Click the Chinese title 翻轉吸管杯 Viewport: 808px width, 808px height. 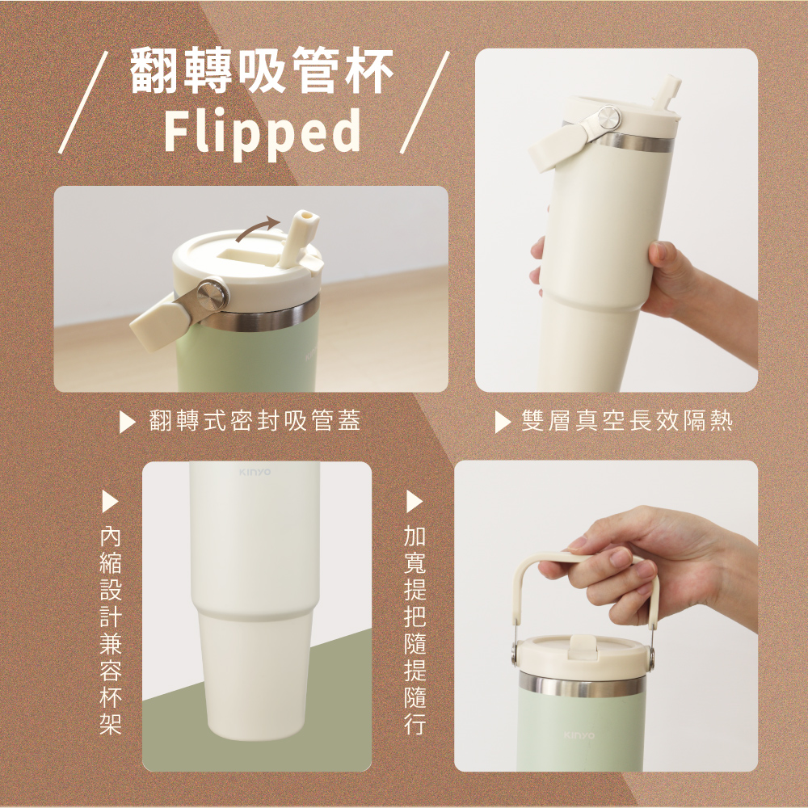tap(261, 69)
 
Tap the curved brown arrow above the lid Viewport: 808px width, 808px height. tap(257, 229)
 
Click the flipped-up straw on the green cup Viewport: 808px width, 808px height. tap(298, 238)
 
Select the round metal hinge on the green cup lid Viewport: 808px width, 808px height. tap(213, 295)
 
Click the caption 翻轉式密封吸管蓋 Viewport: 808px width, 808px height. tap(255, 420)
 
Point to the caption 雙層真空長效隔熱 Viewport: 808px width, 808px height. tap(627, 420)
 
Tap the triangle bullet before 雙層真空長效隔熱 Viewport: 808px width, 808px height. tap(502, 422)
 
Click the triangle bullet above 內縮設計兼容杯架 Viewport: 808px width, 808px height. tap(110, 501)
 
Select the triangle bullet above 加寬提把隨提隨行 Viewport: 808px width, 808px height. tap(414, 501)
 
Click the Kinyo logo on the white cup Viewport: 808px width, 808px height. tap(255, 472)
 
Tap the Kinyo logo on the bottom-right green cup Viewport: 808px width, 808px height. tap(579, 734)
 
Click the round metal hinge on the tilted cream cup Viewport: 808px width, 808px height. tap(608, 118)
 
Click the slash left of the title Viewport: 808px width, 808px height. tap(83, 102)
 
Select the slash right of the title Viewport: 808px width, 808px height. tap(425, 102)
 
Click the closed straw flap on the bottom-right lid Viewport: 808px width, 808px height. tap(582, 646)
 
